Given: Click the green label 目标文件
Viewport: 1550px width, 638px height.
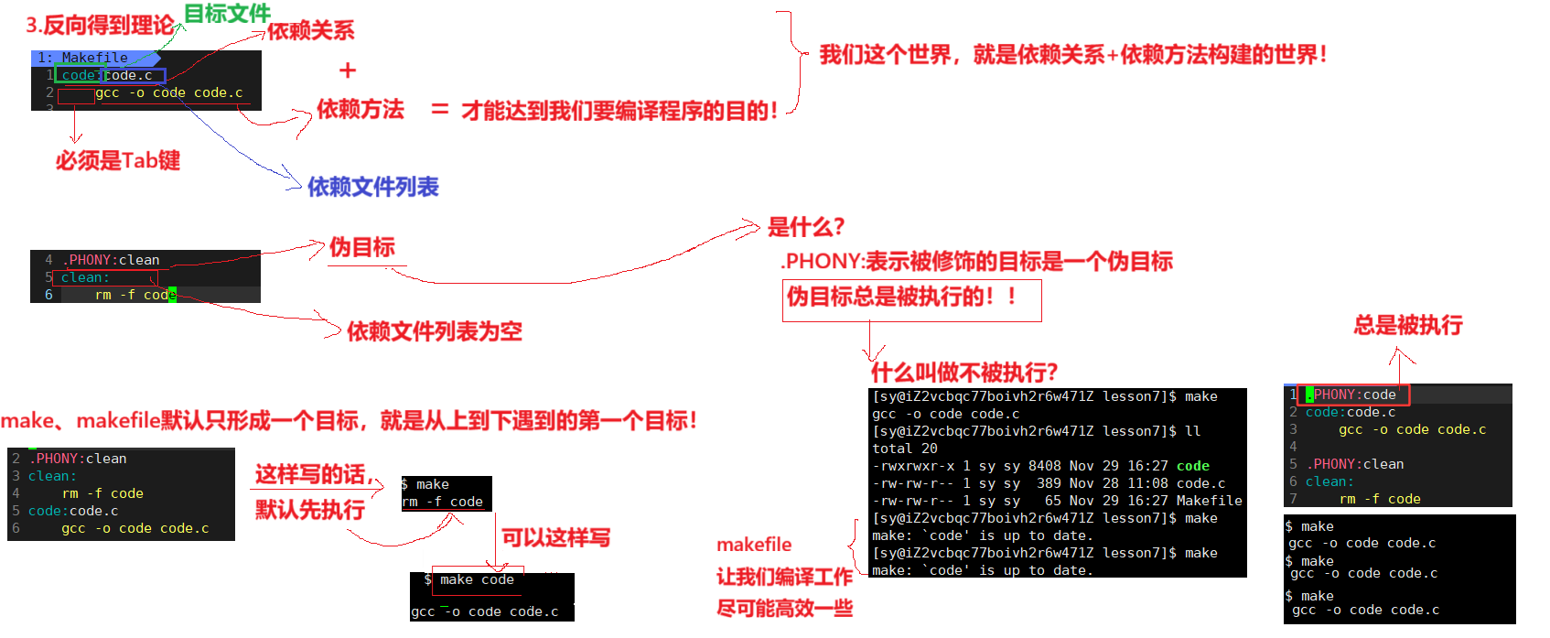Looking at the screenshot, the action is [227, 14].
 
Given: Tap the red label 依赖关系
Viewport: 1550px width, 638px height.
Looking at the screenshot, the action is [310, 31].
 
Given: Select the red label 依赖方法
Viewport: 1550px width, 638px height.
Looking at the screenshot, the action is [360, 110].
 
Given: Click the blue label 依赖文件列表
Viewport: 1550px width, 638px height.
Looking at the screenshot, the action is [372, 187].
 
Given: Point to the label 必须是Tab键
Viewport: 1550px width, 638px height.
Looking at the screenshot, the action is [118, 161].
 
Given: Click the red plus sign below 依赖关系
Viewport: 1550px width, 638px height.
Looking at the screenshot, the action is [348, 70].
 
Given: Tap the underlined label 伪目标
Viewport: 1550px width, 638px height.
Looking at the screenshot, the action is [362, 247].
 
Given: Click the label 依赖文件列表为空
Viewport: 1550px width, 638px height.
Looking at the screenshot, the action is [434, 331].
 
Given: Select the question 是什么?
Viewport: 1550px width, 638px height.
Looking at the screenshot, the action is [805, 227].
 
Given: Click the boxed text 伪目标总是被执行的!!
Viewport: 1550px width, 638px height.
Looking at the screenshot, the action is [901, 297].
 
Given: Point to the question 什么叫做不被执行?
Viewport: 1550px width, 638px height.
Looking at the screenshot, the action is [963, 373].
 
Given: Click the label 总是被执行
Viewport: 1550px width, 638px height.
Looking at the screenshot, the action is [1408, 325].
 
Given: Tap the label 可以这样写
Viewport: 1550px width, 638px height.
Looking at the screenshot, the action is [555, 537].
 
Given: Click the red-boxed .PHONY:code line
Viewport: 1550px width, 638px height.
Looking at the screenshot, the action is [1355, 395].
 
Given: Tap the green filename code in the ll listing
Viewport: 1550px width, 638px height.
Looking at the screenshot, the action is [1192, 466].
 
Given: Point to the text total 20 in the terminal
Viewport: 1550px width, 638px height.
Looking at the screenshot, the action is [904, 449].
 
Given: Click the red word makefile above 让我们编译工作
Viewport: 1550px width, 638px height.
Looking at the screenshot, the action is [754, 545].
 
